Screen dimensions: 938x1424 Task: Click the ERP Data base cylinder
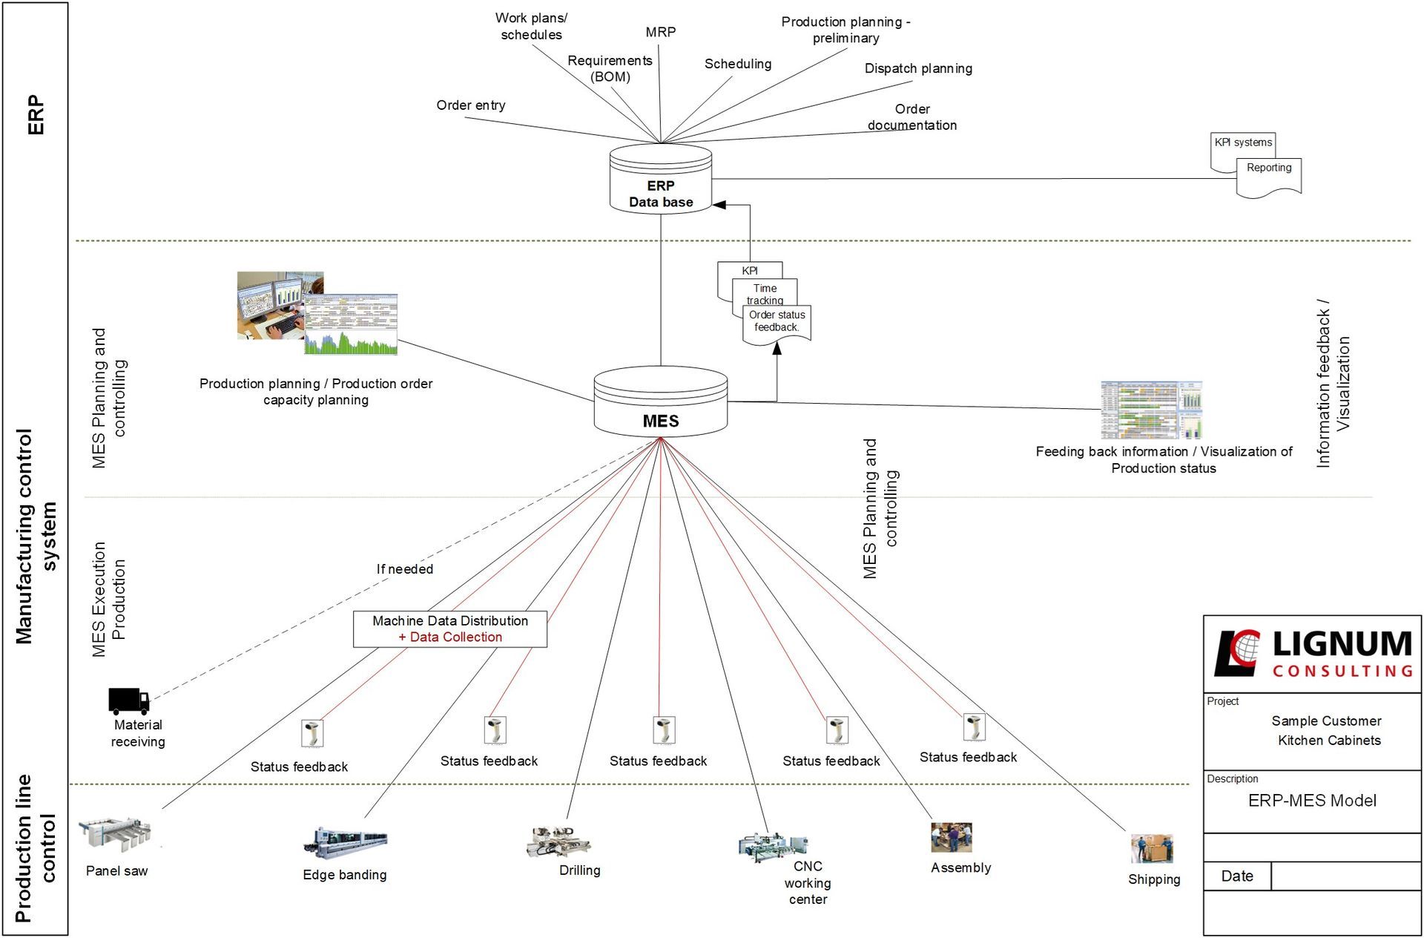click(660, 180)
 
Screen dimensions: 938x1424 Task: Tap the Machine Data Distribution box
click(449, 629)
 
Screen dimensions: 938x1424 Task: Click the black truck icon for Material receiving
click(128, 701)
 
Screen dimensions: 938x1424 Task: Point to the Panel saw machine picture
click(116, 834)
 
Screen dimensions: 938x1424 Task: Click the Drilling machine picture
click(558, 841)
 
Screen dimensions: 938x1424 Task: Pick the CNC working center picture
click(772, 845)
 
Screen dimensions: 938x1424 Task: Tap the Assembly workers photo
click(951, 837)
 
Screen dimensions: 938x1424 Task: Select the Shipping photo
click(1151, 848)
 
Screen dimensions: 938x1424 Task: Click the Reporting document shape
click(1268, 177)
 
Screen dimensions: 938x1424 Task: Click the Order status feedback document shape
click(777, 324)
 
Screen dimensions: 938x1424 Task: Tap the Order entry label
click(471, 105)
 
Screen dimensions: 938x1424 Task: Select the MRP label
click(660, 32)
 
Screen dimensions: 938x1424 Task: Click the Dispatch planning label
click(918, 68)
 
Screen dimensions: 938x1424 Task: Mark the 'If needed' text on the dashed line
click(404, 569)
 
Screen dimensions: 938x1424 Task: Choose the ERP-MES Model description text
click(1312, 801)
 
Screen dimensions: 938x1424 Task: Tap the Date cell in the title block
click(1237, 876)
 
